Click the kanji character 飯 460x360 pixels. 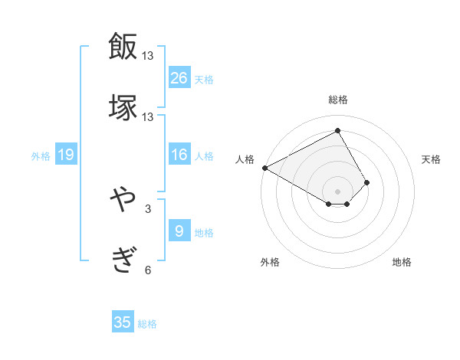tap(123, 46)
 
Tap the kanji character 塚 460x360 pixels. tap(123, 108)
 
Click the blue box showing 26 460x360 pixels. tap(179, 77)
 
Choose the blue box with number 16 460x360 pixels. tap(179, 155)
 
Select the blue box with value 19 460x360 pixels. tap(66, 155)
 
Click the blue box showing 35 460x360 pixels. tap(123, 322)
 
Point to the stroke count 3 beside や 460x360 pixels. tap(148, 208)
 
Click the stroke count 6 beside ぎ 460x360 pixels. tap(148, 270)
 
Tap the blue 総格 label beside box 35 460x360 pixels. tap(147, 324)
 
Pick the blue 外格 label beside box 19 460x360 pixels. tap(41, 156)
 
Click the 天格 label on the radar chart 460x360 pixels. tap(432, 159)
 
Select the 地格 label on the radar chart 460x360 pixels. tap(402, 262)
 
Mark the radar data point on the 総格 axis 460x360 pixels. tap(337, 131)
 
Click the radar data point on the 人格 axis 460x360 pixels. tap(264, 167)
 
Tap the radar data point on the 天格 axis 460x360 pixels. tap(367, 182)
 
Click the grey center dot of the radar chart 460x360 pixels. tap(337, 191)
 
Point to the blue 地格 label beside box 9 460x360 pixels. tap(204, 233)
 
